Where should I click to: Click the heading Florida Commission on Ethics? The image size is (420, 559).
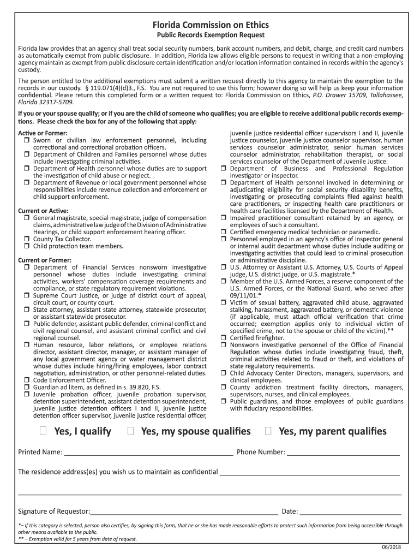pyautogui.click(x=210, y=25)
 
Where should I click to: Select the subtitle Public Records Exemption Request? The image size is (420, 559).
pyautogui.click(x=210, y=35)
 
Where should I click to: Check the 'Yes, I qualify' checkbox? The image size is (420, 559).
pyautogui.click(x=43, y=431)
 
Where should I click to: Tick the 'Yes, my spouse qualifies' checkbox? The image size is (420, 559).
pyautogui.click(x=130, y=431)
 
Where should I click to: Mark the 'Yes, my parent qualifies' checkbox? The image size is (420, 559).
pyautogui.click(x=268, y=431)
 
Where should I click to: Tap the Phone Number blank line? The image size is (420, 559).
pyautogui.click(x=344, y=452)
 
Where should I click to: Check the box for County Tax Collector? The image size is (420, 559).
pyautogui.click(x=26, y=239)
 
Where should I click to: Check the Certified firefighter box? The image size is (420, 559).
pyautogui.click(x=223, y=338)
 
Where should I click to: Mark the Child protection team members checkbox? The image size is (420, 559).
pyautogui.click(x=26, y=246)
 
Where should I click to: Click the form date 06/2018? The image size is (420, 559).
pyautogui.click(x=392, y=548)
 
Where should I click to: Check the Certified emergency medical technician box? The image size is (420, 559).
pyautogui.click(x=223, y=232)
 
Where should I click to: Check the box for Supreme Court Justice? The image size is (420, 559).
pyautogui.click(x=26, y=295)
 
